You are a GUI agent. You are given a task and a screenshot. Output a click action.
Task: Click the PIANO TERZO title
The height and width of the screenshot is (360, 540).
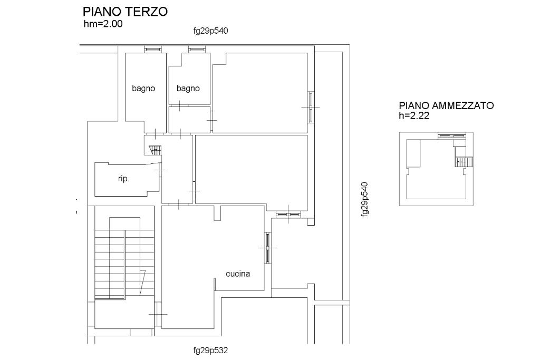tap(125, 12)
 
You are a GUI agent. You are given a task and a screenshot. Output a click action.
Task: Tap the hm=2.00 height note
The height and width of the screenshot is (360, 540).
tap(103, 24)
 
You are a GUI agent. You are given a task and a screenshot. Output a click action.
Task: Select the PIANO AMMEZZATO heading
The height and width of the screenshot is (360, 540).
tap(446, 105)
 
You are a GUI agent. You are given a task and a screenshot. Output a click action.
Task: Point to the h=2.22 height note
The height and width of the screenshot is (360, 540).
tap(414, 115)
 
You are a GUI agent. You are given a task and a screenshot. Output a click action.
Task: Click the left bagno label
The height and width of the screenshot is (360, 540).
tap(143, 89)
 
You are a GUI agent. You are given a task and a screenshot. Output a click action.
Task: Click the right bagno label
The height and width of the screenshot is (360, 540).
tap(188, 89)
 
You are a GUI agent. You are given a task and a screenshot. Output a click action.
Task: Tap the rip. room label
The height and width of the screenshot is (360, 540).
tap(123, 179)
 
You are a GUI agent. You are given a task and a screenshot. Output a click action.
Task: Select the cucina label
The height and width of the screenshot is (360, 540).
tap(238, 274)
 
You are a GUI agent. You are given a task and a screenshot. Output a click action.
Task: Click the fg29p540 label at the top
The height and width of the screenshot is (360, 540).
tap(211, 31)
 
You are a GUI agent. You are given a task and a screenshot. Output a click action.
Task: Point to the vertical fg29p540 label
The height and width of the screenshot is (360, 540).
tap(365, 200)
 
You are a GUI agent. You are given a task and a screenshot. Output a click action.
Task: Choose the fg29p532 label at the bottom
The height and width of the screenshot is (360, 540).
tap(211, 351)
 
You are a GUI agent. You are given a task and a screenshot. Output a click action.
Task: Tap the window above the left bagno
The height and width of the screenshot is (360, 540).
tap(152, 50)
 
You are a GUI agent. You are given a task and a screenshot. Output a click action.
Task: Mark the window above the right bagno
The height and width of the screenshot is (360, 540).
tap(197, 50)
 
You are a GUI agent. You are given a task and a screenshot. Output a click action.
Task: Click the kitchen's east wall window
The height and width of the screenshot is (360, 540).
tap(267, 248)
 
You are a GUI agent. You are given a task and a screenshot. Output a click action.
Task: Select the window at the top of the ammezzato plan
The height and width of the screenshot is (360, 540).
tap(452, 136)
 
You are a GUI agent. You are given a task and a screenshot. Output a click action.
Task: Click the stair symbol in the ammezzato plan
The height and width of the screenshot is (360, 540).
tap(464, 162)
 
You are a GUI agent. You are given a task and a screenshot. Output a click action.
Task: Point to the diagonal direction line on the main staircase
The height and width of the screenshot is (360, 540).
tap(142, 283)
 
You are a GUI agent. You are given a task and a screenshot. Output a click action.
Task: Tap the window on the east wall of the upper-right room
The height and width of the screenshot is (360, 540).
tap(311, 107)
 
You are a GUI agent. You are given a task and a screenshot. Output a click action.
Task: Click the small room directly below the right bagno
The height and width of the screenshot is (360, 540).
tap(189, 120)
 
